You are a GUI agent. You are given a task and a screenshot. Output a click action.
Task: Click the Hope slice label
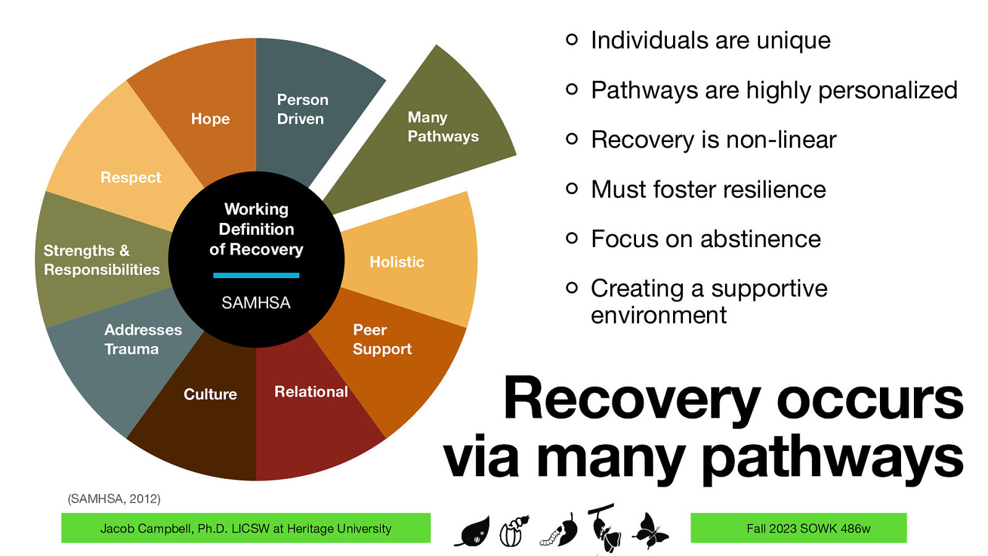pyautogui.click(x=210, y=119)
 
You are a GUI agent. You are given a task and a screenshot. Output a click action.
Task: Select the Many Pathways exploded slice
pyautogui.click(x=443, y=127)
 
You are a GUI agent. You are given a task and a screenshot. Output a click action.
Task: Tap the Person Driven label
pyautogui.click(x=302, y=109)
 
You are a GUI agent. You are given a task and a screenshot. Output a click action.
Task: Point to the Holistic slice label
pyautogui.click(x=396, y=262)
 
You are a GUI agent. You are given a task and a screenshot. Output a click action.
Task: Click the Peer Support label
pyautogui.click(x=381, y=339)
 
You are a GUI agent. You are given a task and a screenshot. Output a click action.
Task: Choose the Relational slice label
pyautogui.click(x=311, y=392)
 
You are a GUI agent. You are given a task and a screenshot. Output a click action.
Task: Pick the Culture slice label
pyautogui.click(x=210, y=394)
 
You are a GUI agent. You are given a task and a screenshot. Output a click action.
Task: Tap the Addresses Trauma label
pyautogui.click(x=143, y=339)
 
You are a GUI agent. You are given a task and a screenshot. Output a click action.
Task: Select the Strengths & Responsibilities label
pyautogui.click(x=101, y=260)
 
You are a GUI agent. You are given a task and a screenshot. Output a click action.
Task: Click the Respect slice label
pyautogui.click(x=130, y=178)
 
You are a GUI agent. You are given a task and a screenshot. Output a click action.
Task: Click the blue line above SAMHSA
pyautogui.click(x=256, y=276)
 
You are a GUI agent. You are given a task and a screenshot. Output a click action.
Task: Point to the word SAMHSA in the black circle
pyautogui.click(x=256, y=303)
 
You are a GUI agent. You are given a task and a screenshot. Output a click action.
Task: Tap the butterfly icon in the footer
pyautogui.click(x=650, y=530)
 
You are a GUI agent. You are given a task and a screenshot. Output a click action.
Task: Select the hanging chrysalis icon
pyautogui.click(x=605, y=528)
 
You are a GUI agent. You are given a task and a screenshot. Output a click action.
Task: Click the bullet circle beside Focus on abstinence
pyautogui.click(x=572, y=238)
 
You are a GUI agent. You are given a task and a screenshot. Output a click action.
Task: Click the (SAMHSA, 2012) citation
pyautogui.click(x=114, y=499)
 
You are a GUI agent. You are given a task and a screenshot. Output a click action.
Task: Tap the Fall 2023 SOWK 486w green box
pyautogui.click(x=798, y=528)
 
